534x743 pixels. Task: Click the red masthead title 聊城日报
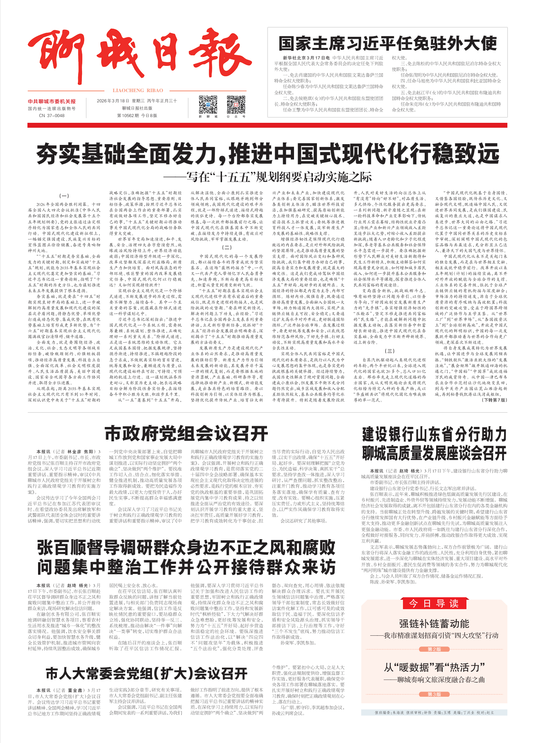click(139, 57)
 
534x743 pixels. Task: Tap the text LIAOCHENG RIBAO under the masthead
click(138, 90)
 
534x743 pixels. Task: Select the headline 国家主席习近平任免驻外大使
click(387, 43)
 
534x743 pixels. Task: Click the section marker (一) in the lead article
click(64, 196)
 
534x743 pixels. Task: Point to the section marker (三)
click(389, 351)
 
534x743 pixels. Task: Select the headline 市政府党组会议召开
click(186, 433)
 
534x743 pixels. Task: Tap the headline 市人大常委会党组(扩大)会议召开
click(147, 673)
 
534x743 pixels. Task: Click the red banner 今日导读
click(434, 603)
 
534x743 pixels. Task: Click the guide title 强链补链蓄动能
click(434, 624)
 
